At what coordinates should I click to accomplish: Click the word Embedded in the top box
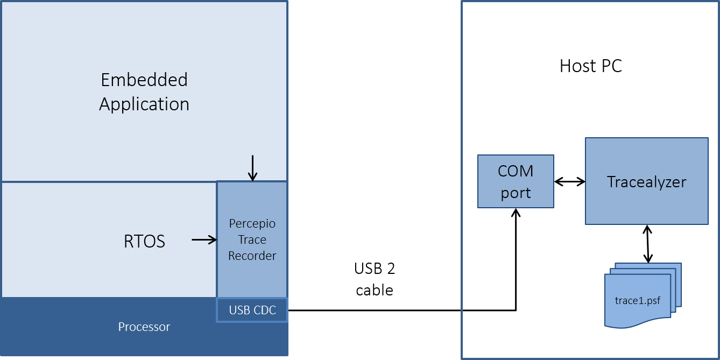point(144,80)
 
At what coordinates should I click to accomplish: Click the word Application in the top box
point(144,104)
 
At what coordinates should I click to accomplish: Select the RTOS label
point(144,241)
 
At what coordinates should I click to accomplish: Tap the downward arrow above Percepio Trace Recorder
point(252,168)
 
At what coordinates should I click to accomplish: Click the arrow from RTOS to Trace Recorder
point(204,239)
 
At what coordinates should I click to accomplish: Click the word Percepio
point(252,223)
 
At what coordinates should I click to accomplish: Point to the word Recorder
point(252,256)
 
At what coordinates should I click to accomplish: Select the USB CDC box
point(252,310)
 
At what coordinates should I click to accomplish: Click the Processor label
point(144,327)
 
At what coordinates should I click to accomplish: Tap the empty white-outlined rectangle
point(375,278)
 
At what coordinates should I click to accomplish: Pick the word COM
point(516,172)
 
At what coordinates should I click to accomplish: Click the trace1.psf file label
point(638,300)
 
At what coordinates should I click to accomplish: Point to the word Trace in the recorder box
point(252,239)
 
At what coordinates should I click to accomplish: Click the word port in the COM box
point(516,193)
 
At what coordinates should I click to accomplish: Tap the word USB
point(239,310)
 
